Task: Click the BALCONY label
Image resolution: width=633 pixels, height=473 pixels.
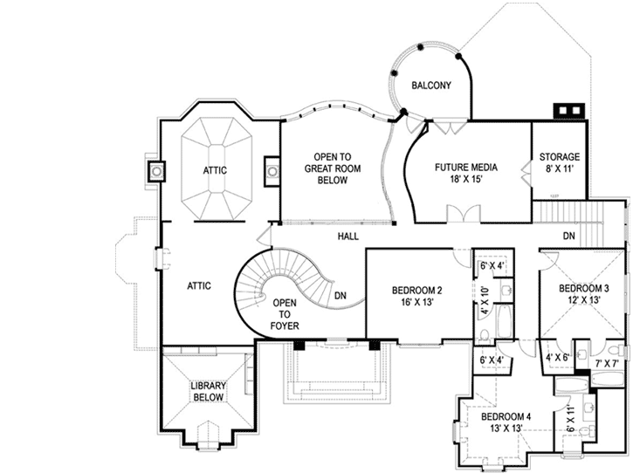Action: tap(431, 85)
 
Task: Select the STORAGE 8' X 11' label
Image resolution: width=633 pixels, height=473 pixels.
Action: tap(560, 163)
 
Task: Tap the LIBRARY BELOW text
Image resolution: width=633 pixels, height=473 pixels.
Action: tap(207, 391)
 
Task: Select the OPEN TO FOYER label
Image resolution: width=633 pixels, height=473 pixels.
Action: tap(285, 315)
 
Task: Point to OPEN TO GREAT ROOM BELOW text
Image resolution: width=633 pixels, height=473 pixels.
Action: tap(327, 168)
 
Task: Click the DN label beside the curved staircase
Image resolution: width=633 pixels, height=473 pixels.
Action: tap(341, 296)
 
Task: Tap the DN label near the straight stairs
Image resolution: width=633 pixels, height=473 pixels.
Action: tap(568, 236)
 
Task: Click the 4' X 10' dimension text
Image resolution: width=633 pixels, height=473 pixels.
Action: tap(485, 298)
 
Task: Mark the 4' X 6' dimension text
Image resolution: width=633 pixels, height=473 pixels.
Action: tap(558, 357)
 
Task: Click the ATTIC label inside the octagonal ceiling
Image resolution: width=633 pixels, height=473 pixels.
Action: tap(215, 170)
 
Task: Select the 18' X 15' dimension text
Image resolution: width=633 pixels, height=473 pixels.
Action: tap(466, 178)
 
